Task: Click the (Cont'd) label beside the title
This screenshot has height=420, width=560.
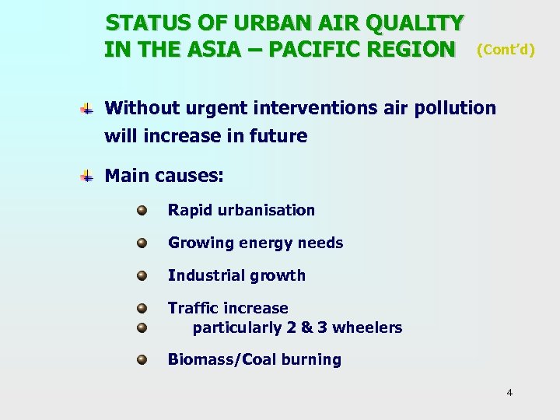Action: pyautogui.click(x=506, y=50)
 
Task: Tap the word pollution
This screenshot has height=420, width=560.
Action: pyautogui.click(x=455, y=107)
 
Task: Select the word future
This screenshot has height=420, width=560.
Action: pyautogui.click(x=278, y=136)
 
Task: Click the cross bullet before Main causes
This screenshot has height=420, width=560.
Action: pyautogui.click(x=88, y=177)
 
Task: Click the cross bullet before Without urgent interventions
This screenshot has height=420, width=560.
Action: pyautogui.click(x=88, y=109)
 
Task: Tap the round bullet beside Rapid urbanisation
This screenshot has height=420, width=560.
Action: pyautogui.click(x=142, y=210)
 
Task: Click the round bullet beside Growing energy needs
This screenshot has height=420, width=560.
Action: pyautogui.click(x=142, y=243)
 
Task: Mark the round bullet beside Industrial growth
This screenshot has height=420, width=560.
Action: pyautogui.click(x=142, y=275)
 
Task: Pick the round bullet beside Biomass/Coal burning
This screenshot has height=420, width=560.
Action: pyautogui.click(x=142, y=359)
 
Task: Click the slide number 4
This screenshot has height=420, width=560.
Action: pyautogui.click(x=509, y=393)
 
